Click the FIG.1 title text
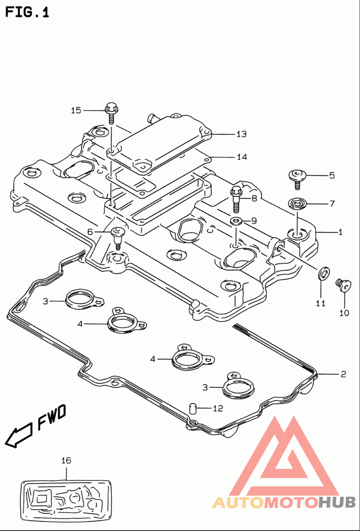[27, 13]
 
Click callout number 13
[241, 134]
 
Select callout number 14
[242, 157]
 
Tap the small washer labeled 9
[236, 221]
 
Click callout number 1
[340, 232]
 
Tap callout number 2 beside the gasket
[343, 374]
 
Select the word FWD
[51, 417]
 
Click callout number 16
[66, 460]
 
